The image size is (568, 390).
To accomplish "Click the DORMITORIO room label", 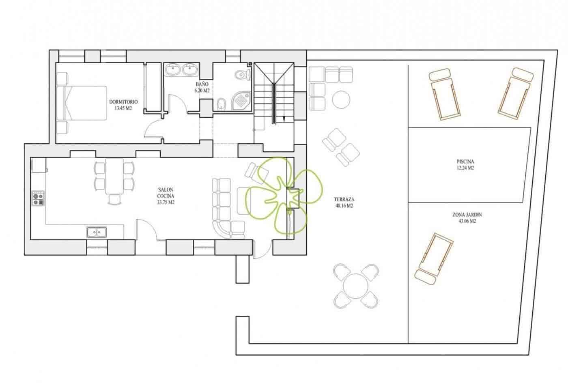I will pos(124,105).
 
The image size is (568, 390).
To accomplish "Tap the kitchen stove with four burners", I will pos(38,198).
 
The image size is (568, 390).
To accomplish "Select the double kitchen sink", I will pos(97,232).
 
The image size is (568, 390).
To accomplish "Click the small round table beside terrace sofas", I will pos(342,99).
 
